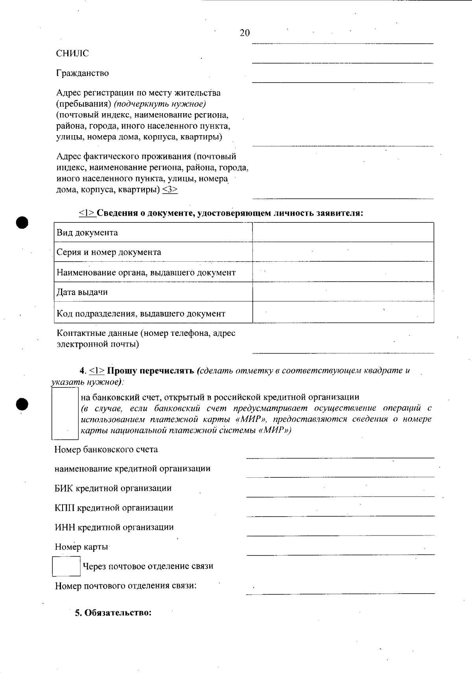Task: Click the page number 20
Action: pos(244,33)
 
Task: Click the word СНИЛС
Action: pos(72,53)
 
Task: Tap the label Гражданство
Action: pos(82,73)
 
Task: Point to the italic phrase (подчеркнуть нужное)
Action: pos(160,104)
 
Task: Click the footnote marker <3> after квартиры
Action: pos(170,190)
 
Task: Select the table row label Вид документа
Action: pos(87,233)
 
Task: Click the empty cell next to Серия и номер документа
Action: pos(343,252)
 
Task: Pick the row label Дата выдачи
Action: pos(82,292)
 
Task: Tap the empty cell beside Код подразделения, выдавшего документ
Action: pos(343,313)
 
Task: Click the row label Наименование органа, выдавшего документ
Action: pos(146,273)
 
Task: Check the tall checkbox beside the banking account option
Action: pos(65,415)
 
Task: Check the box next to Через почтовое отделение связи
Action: pos(66,566)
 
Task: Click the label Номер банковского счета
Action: pos(106,449)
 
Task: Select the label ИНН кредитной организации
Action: pos(114,527)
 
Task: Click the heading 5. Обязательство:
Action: pos(113,612)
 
